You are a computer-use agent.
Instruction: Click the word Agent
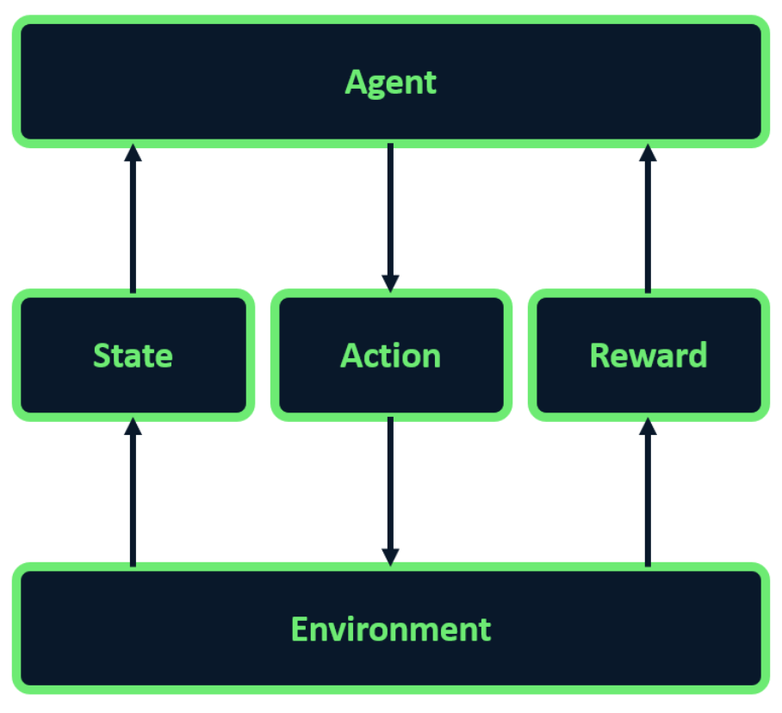[x=390, y=83]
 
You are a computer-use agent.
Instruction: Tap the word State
[x=133, y=356]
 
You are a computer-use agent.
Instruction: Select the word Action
[x=390, y=356]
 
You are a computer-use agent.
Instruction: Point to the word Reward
[x=649, y=355]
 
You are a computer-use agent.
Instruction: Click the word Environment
[x=391, y=629]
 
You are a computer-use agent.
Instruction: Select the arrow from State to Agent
[x=133, y=219]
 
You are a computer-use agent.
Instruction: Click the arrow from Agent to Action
[x=390, y=218]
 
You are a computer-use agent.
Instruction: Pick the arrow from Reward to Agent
[x=648, y=219]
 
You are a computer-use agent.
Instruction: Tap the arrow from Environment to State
[x=133, y=492]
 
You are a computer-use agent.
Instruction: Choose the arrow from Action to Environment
[x=390, y=492]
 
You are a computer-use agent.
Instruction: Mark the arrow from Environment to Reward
[x=648, y=492]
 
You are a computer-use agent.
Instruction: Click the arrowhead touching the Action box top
[x=390, y=283]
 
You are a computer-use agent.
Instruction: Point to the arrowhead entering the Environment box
[x=390, y=557]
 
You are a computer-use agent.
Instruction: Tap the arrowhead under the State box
[x=133, y=426]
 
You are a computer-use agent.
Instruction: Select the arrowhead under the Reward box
[x=648, y=426]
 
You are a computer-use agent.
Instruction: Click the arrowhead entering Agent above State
[x=133, y=152]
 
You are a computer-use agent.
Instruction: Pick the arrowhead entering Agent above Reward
[x=648, y=152]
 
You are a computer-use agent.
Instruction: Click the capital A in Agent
[x=356, y=82]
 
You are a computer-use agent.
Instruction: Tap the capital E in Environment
[x=299, y=629]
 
